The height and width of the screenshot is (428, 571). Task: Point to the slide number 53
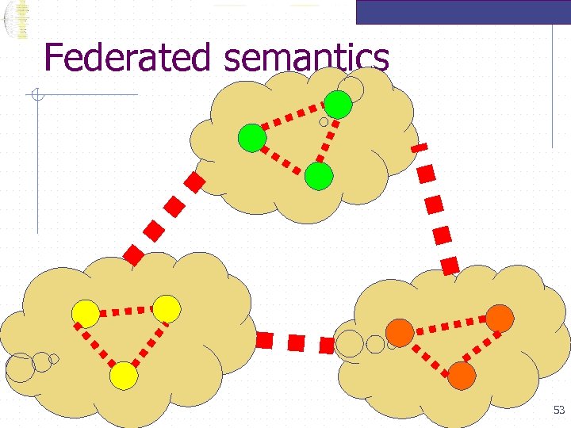559,410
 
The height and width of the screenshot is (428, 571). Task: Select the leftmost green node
252,139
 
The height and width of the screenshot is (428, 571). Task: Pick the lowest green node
319,176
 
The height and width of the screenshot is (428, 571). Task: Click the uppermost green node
339,105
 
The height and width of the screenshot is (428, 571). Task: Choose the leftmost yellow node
86,314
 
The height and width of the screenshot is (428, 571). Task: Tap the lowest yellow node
124,375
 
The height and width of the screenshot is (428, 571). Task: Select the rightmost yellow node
167,308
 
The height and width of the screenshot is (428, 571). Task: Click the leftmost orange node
400,333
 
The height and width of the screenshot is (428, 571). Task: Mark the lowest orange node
462,375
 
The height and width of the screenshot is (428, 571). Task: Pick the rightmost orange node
500,318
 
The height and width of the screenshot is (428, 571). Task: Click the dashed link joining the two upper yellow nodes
126,311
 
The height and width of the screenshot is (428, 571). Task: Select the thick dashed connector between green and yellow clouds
165,219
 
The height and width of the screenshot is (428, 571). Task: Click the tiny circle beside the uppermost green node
324,123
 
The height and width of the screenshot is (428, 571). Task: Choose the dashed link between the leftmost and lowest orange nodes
431,354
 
